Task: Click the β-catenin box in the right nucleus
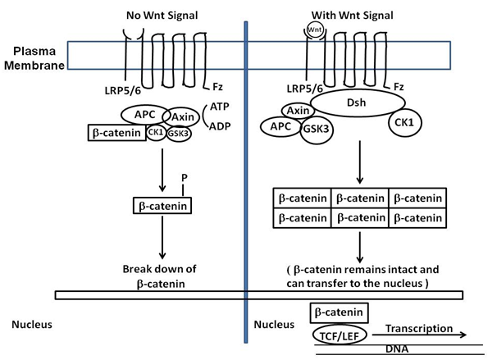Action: (340, 312)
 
